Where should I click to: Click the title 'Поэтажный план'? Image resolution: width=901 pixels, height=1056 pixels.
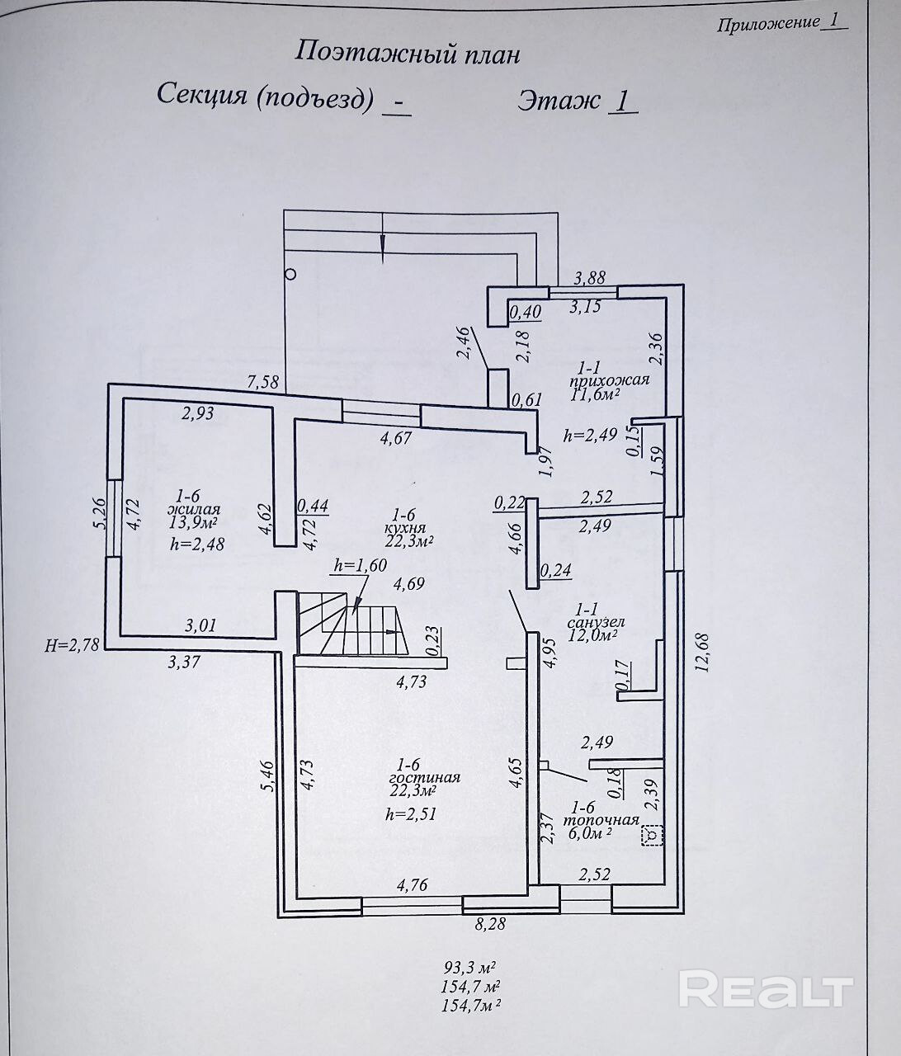click(x=408, y=54)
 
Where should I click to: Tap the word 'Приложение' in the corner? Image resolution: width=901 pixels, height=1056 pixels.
click(x=768, y=23)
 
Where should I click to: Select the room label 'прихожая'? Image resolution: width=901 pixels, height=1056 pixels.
click(x=610, y=380)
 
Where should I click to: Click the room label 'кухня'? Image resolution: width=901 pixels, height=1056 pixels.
click(x=405, y=528)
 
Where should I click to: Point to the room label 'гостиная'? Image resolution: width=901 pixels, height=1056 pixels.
click(x=425, y=778)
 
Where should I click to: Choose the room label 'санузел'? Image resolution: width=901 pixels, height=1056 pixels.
click(x=596, y=622)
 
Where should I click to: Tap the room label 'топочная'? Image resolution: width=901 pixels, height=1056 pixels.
click(x=601, y=820)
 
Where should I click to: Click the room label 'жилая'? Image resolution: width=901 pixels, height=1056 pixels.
click(x=194, y=509)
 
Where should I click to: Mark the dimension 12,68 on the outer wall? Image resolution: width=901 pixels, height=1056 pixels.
click(x=704, y=653)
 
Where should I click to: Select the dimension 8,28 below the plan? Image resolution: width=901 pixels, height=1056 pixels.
click(x=490, y=924)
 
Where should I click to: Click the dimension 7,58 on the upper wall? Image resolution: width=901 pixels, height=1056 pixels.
click(x=262, y=381)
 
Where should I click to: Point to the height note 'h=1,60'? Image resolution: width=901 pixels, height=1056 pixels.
click(x=361, y=564)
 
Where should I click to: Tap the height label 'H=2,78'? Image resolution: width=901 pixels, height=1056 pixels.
click(x=72, y=645)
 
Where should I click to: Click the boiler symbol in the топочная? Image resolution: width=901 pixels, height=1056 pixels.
click(x=653, y=835)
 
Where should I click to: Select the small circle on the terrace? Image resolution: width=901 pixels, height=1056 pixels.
click(x=290, y=275)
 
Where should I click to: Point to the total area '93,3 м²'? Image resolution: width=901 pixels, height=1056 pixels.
click(x=470, y=967)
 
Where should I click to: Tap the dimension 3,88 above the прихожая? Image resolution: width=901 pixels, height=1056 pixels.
click(x=590, y=277)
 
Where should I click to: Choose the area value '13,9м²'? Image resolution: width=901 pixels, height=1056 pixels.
click(x=193, y=522)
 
